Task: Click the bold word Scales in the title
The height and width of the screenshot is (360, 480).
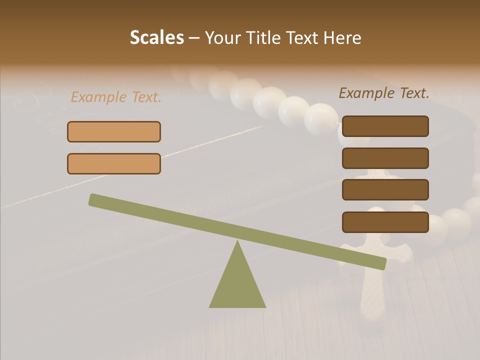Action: (156, 38)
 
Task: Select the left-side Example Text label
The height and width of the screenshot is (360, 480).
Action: (116, 97)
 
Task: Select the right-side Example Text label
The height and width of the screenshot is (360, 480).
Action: (384, 93)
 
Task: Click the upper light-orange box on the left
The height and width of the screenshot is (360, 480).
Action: (114, 131)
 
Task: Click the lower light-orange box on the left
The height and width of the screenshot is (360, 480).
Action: (114, 163)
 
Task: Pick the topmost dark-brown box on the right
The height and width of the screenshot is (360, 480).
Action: (385, 126)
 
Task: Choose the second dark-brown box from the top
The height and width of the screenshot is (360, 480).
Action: (385, 158)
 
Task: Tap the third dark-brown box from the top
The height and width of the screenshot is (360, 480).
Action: (385, 189)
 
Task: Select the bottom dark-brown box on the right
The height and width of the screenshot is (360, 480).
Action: (385, 222)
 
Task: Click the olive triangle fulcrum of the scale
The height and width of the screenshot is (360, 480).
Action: (237, 285)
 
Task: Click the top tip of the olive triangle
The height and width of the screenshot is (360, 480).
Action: (237, 242)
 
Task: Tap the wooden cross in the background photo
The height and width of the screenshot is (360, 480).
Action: (375, 270)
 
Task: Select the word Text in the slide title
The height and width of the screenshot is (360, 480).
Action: (303, 38)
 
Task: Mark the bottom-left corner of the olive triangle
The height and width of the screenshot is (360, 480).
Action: (210, 306)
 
